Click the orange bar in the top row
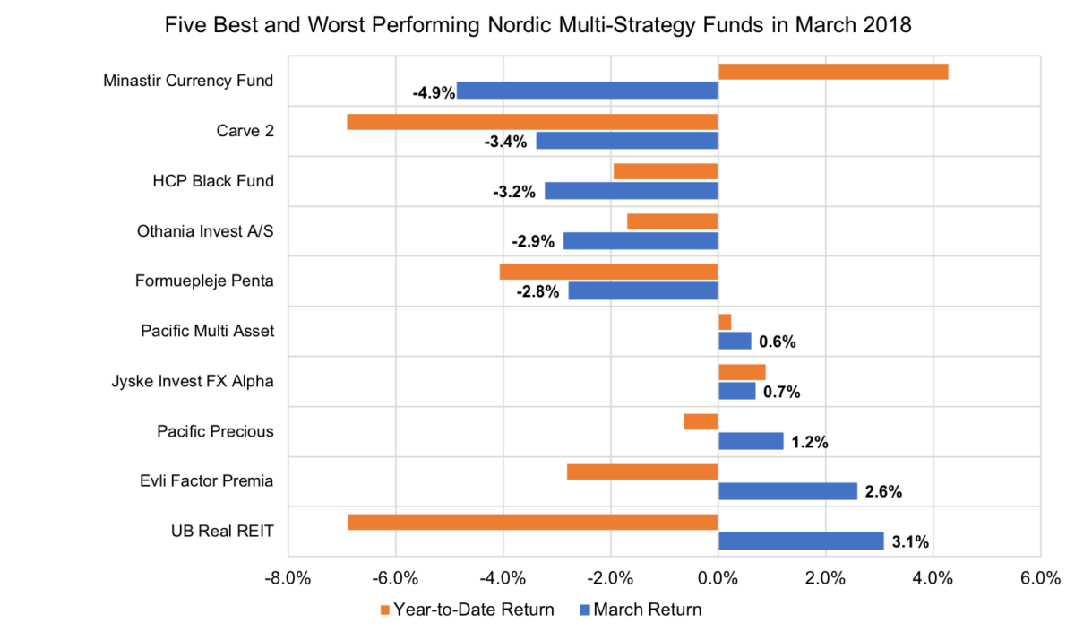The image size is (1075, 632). click(833, 72)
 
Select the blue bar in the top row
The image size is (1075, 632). click(587, 91)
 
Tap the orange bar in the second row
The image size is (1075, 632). click(532, 122)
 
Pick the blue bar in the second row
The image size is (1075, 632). click(626, 141)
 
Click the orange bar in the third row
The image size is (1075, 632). click(665, 171)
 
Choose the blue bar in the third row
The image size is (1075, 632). click(631, 191)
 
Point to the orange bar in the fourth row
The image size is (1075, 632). click(672, 221)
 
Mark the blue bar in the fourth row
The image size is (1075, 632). click(640, 241)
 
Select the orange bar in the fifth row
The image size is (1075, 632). click(608, 272)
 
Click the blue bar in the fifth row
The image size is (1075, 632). click(642, 290)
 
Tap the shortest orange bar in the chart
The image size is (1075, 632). click(725, 322)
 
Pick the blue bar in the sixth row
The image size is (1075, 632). click(735, 341)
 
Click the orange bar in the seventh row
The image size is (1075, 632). click(743, 372)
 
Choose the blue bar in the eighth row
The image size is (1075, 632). click(752, 441)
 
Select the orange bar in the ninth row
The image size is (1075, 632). click(641, 472)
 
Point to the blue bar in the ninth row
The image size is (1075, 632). click(788, 491)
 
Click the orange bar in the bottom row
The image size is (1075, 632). click(532, 522)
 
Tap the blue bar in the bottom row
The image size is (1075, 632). click(802, 541)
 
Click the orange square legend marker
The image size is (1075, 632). click(385, 610)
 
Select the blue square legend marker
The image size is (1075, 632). click(585, 610)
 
